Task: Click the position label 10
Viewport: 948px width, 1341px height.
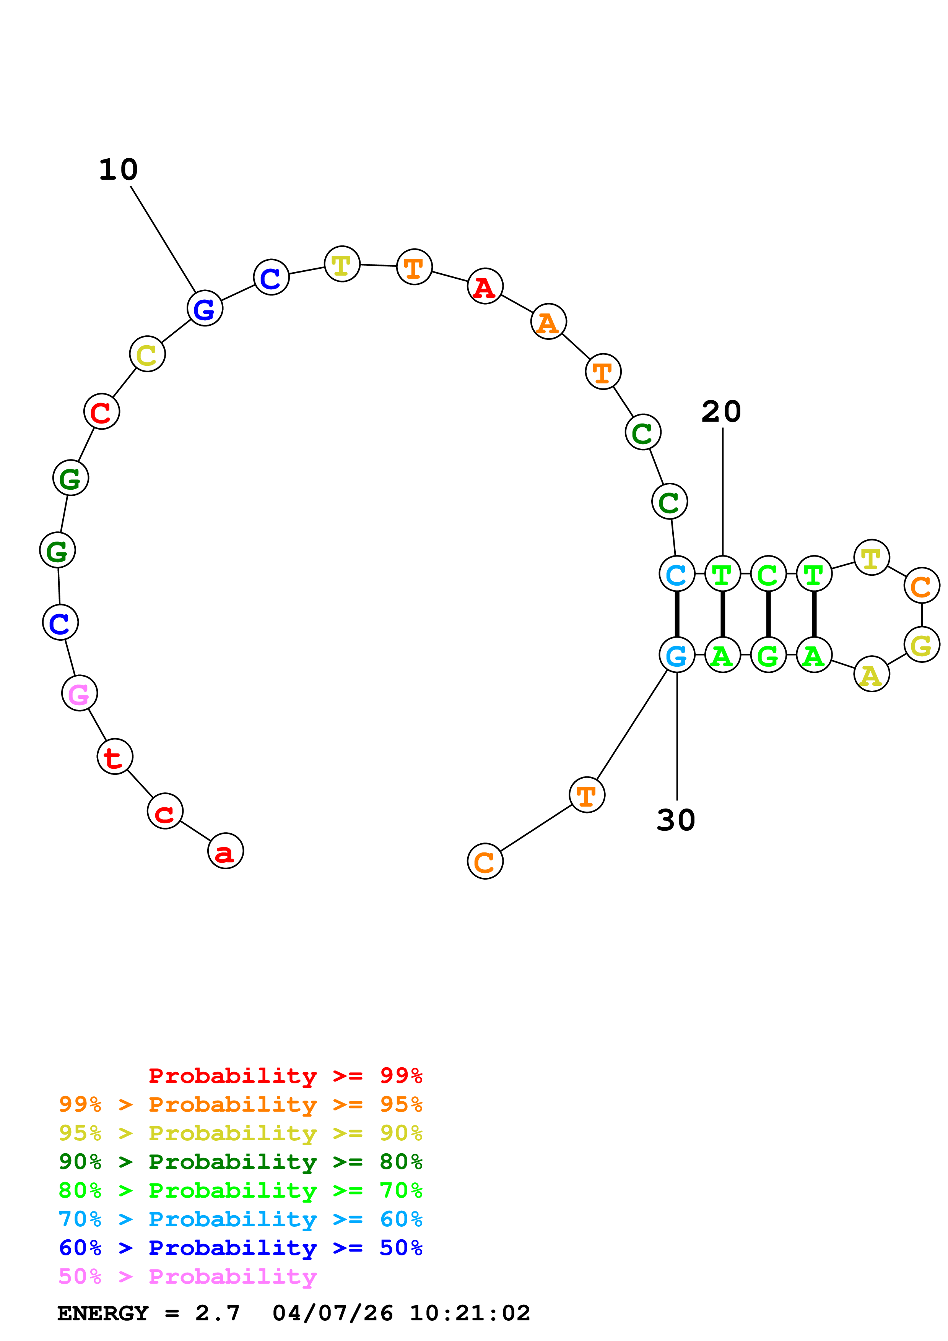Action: click(118, 170)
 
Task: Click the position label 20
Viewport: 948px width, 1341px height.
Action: click(721, 412)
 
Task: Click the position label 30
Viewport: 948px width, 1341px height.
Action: click(676, 820)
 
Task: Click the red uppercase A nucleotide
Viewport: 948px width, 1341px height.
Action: click(485, 286)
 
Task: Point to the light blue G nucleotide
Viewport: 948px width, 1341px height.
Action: click(676, 655)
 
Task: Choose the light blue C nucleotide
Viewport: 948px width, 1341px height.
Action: click(676, 574)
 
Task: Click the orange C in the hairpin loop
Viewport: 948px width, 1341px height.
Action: click(921, 585)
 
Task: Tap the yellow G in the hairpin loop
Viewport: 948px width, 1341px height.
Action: click(921, 645)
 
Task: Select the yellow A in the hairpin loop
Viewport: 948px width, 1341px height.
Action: click(871, 675)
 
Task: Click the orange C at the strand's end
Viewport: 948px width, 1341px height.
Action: click(485, 862)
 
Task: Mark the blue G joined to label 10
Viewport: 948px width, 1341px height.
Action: click(205, 308)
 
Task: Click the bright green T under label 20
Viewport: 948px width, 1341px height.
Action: click(722, 574)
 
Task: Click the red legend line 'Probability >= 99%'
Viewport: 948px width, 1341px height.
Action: click(285, 1076)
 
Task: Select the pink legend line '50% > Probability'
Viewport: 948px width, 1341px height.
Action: click(187, 1277)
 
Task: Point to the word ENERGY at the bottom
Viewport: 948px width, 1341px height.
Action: click(103, 1313)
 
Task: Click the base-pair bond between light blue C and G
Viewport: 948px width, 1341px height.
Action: click(676, 614)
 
